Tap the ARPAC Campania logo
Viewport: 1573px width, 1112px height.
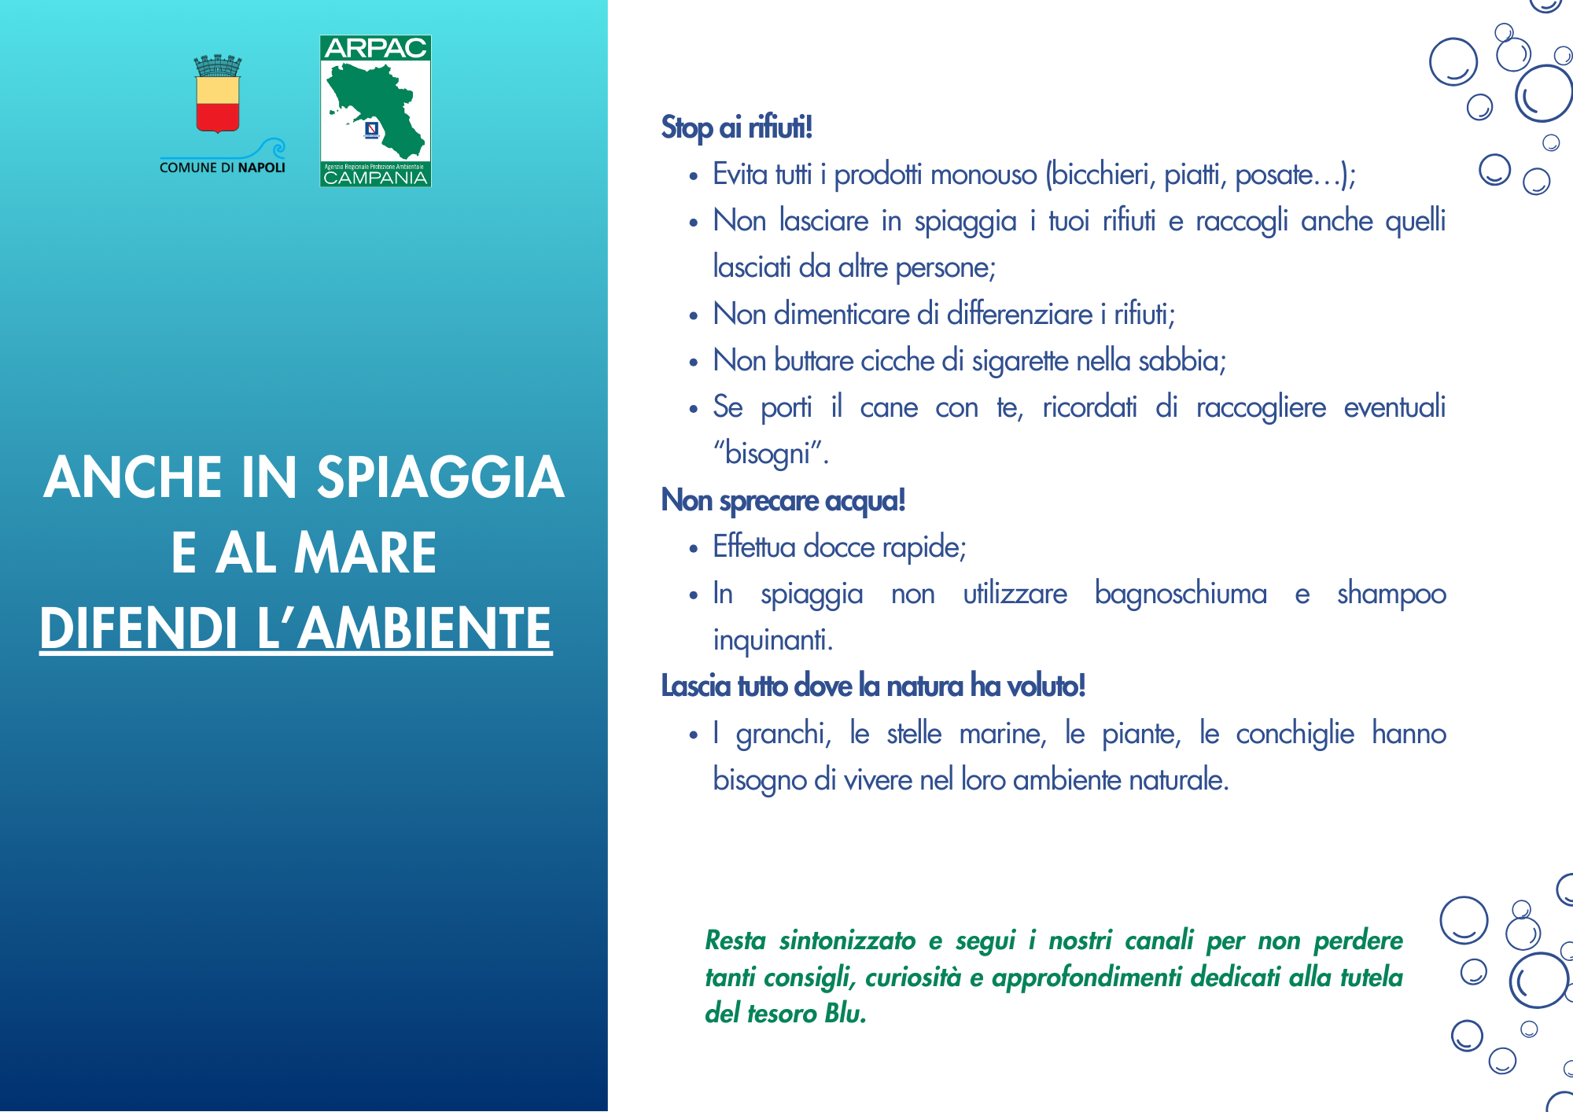[x=375, y=111]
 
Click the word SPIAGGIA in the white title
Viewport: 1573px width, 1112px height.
[x=440, y=477]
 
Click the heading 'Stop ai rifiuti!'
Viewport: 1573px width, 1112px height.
[x=736, y=127]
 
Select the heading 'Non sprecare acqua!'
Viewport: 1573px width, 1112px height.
[x=783, y=500]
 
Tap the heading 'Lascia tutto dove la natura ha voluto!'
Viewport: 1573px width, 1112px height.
[x=873, y=687]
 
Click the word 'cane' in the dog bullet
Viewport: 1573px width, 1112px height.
[x=889, y=407]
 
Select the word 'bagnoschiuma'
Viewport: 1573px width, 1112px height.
[x=1181, y=594]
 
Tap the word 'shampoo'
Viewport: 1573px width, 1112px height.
[x=1391, y=594]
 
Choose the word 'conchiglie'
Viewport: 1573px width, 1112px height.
[x=1295, y=734]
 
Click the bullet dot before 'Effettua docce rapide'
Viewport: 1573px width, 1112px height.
[x=693, y=549]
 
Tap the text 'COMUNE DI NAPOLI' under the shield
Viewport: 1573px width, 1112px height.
[x=223, y=168]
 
